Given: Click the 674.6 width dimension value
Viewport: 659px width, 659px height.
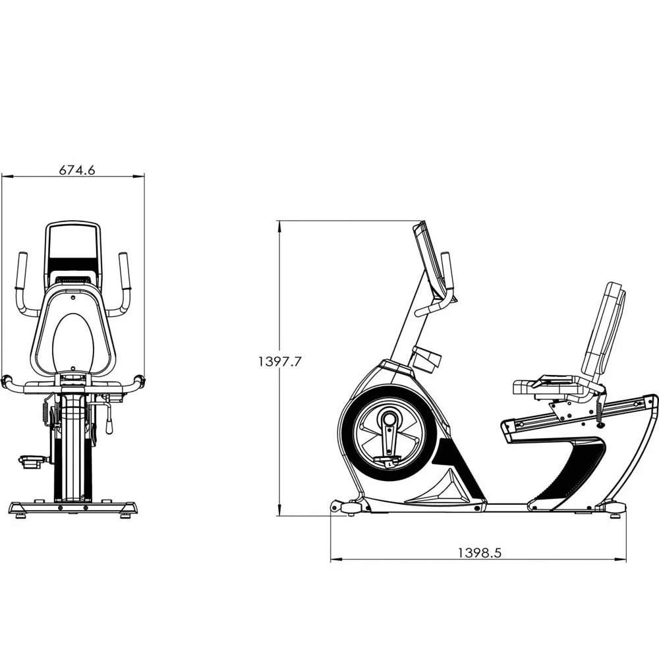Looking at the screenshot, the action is tap(77, 170).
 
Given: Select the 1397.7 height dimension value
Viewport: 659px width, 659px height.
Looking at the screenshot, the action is tap(279, 361).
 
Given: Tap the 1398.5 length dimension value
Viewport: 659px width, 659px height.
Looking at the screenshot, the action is tap(480, 552).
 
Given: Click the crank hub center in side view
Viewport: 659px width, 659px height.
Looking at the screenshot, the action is tap(389, 419).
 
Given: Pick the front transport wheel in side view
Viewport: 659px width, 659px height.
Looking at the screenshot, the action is tap(351, 508).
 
